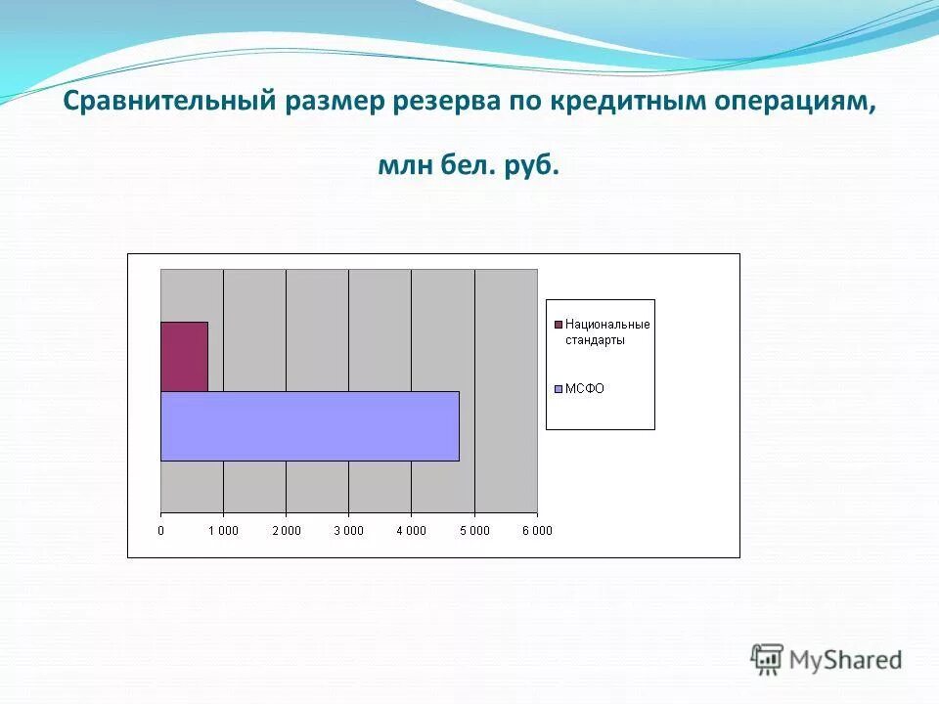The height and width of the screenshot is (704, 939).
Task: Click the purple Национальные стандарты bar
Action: click(x=184, y=356)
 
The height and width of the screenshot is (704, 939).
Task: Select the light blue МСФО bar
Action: click(x=309, y=425)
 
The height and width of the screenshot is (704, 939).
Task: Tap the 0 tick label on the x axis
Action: click(x=161, y=531)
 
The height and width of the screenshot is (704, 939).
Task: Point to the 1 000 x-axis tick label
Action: click(x=223, y=531)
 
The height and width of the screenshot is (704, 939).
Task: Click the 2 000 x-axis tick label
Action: click(x=286, y=531)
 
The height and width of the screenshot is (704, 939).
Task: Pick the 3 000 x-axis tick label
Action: click(x=348, y=531)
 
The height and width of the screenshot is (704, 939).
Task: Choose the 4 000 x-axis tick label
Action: click(x=411, y=531)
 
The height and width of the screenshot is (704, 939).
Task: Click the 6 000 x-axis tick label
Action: click(x=536, y=531)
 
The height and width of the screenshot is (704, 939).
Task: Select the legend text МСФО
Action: click(x=585, y=388)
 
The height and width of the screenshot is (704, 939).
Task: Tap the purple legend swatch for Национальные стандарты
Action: click(x=559, y=325)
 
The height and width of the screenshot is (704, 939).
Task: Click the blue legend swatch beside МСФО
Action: click(x=559, y=388)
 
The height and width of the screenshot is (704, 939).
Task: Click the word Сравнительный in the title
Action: click(x=166, y=104)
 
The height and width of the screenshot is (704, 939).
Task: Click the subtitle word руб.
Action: click(x=533, y=167)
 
